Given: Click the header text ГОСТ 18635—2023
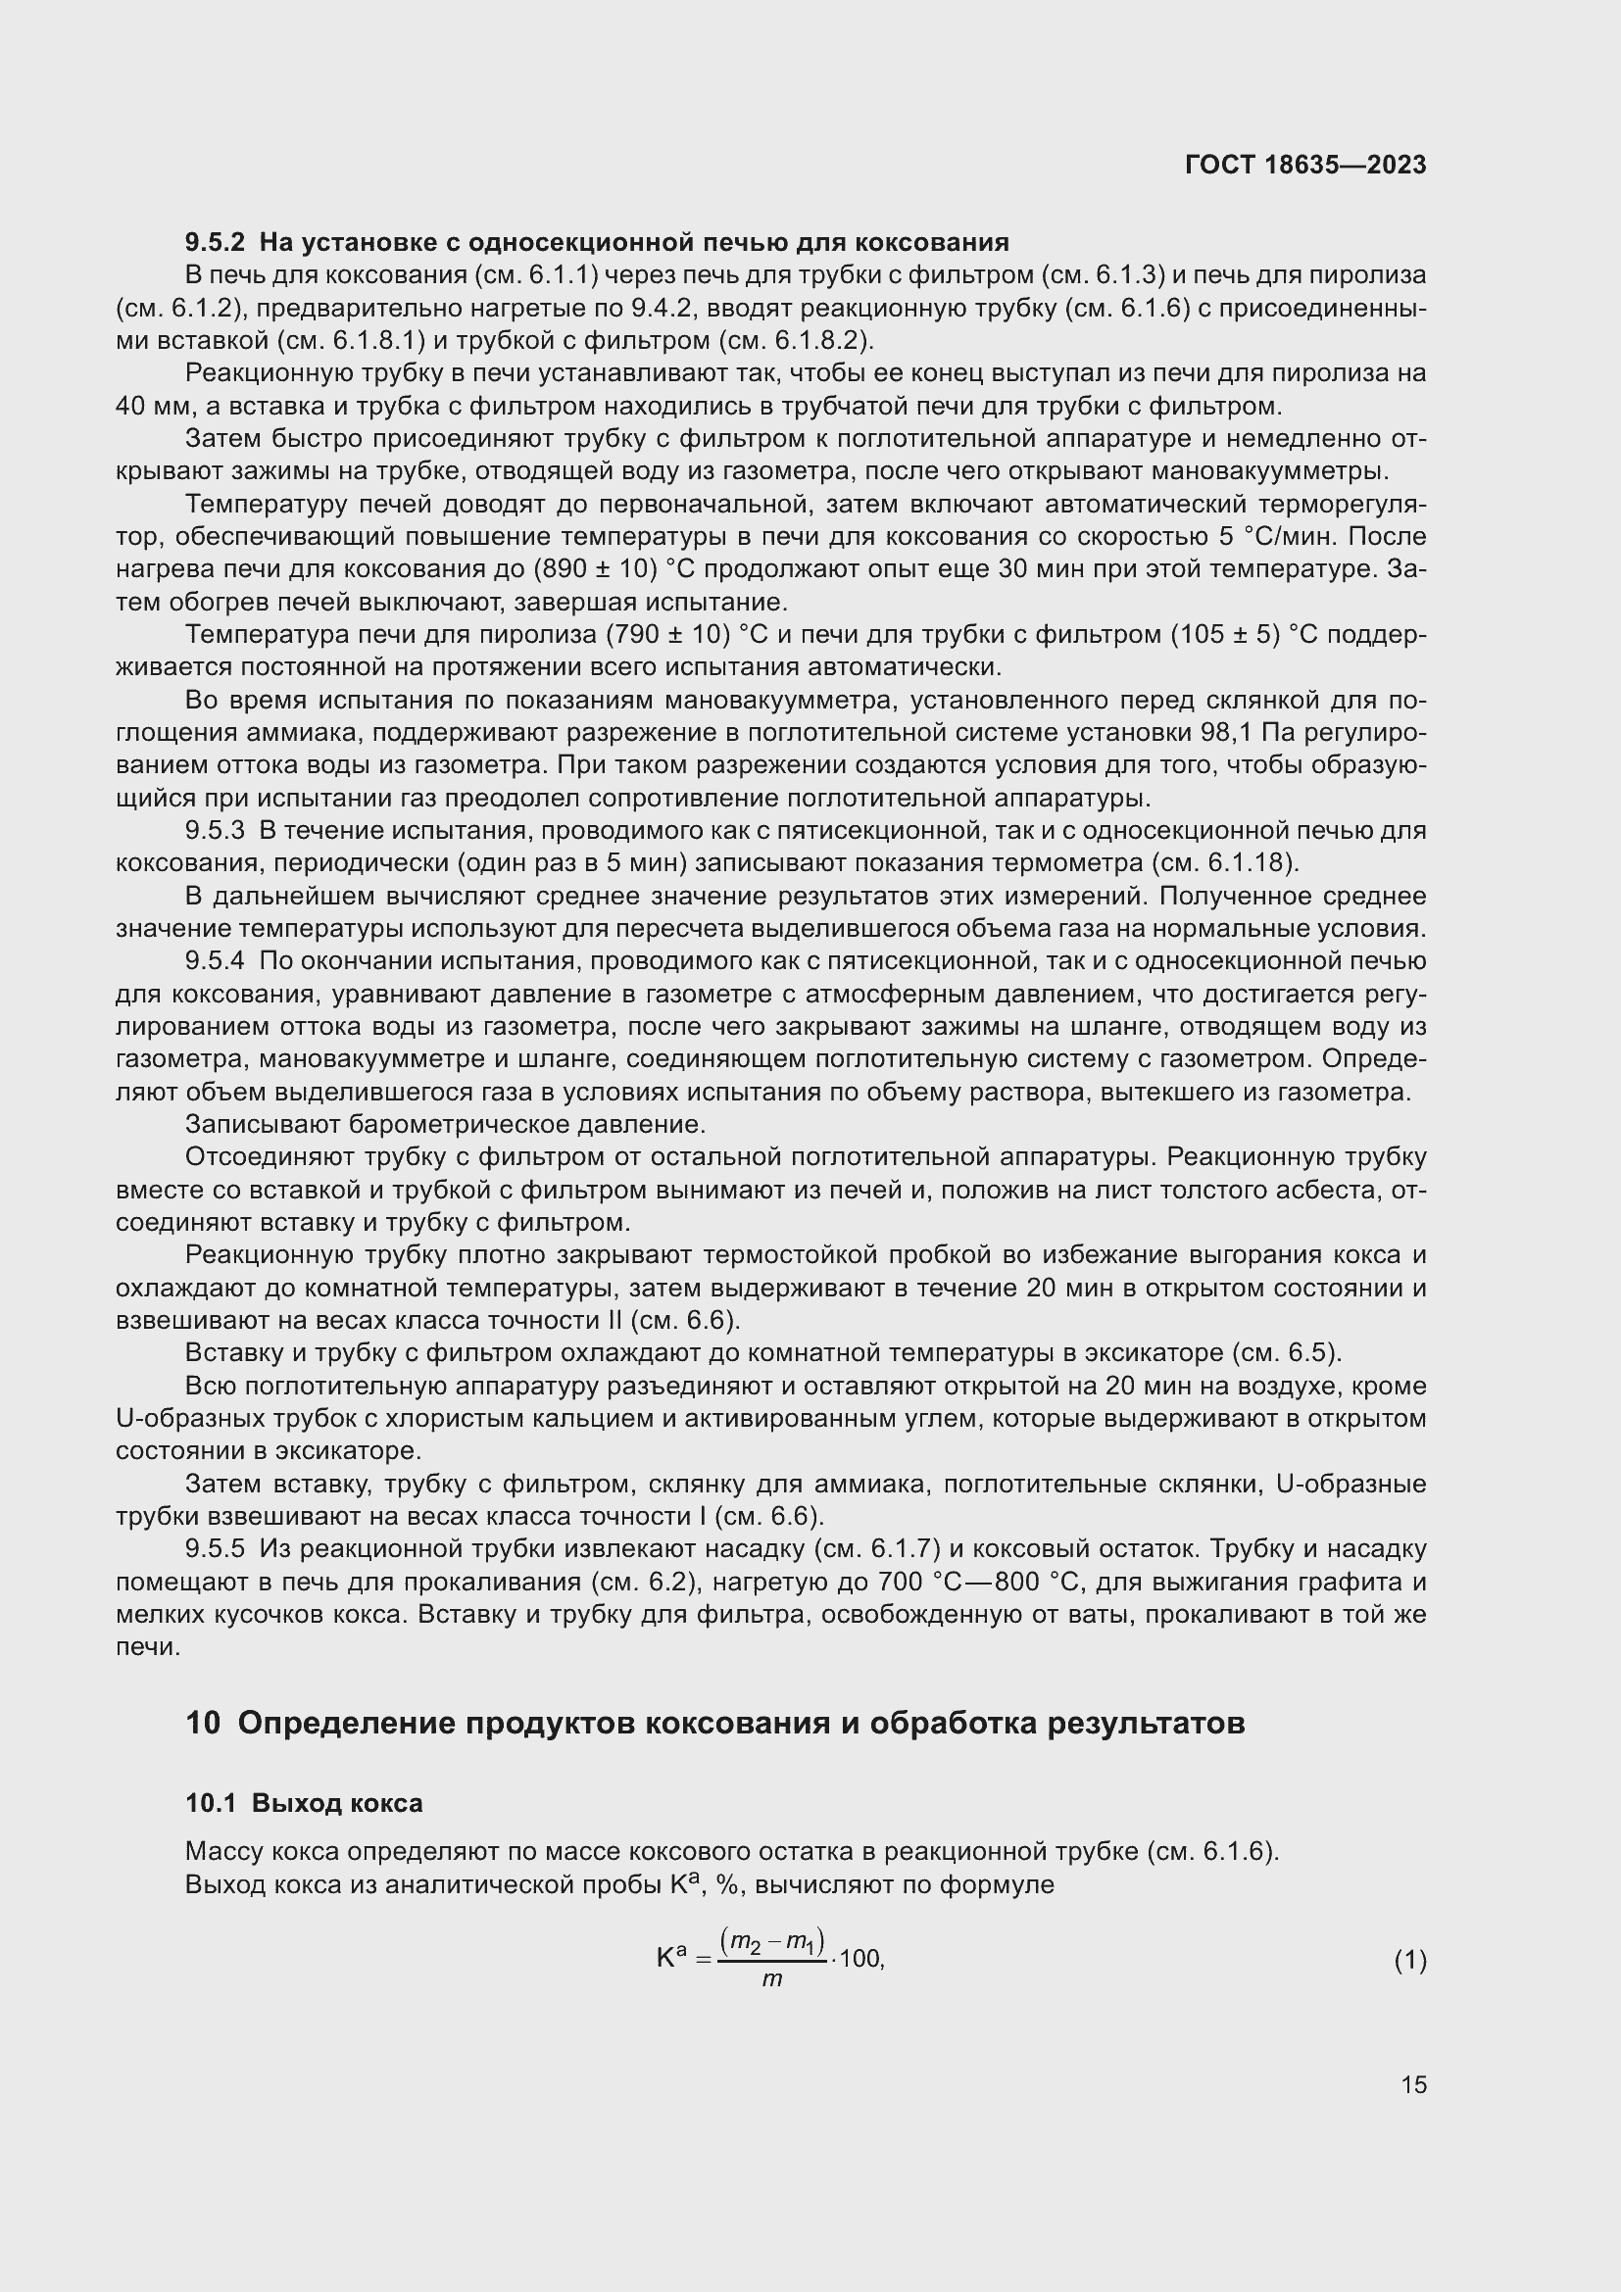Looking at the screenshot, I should coord(1304,165).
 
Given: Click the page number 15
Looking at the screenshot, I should coord(1413,2084).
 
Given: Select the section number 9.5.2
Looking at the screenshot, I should coord(215,243).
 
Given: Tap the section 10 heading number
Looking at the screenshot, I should coord(203,1723).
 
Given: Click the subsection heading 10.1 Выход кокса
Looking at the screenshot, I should coord(304,1803).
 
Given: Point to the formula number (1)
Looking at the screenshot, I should coord(1409,1961).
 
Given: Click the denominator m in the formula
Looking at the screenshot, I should coord(771,1979).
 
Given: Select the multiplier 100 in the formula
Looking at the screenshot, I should coord(860,1959).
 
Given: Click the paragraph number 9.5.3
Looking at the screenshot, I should coord(215,831).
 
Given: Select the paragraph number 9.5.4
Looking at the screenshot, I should coord(215,961).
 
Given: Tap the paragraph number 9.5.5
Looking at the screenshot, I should coord(215,1549).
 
